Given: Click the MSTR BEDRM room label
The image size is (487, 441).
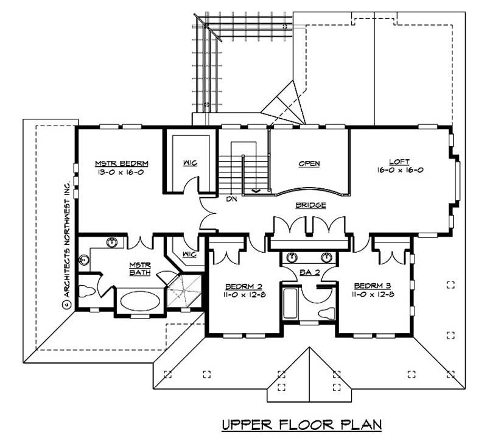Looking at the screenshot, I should [122, 163].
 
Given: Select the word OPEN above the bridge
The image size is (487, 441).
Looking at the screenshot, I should [310, 164].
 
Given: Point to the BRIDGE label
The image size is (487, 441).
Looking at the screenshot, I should [311, 206].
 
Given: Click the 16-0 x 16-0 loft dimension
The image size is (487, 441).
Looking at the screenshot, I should [399, 171].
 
